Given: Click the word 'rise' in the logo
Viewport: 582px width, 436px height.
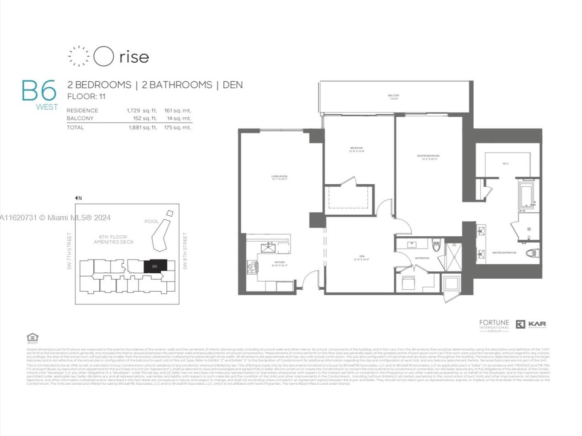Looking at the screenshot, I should tap(134, 57).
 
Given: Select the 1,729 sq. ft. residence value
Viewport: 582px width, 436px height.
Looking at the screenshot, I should tap(142, 111).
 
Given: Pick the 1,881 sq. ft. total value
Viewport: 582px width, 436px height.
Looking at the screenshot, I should tap(143, 128).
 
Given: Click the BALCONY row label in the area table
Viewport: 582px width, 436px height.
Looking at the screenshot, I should tap(80, 118).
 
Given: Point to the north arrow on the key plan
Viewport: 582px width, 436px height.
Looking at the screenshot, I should tap(78, 198).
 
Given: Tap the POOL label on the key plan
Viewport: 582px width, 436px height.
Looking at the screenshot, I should tap(151, 221).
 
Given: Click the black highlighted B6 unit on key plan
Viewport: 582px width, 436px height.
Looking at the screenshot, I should tap(154, 266).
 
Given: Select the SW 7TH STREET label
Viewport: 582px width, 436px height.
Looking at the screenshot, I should tap(69, 251).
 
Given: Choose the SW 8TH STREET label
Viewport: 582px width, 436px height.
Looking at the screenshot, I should tap(185, 251).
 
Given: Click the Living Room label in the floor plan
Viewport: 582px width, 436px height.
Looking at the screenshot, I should tap(279, 178).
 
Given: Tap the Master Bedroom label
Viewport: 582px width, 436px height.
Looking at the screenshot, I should tap(428, 157).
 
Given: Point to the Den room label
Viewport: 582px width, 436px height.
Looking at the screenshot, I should tap(361, 258).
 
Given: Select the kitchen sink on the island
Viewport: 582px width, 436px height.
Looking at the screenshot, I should tap(268, 248).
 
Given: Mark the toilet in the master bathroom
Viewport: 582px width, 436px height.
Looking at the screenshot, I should tap(532, 253).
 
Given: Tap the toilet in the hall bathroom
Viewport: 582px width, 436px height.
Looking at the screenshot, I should tap(436, 246).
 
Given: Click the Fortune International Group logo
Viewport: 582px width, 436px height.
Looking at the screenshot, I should tap(494, 325).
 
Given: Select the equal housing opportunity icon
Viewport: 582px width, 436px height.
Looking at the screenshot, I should tap(32, 338).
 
